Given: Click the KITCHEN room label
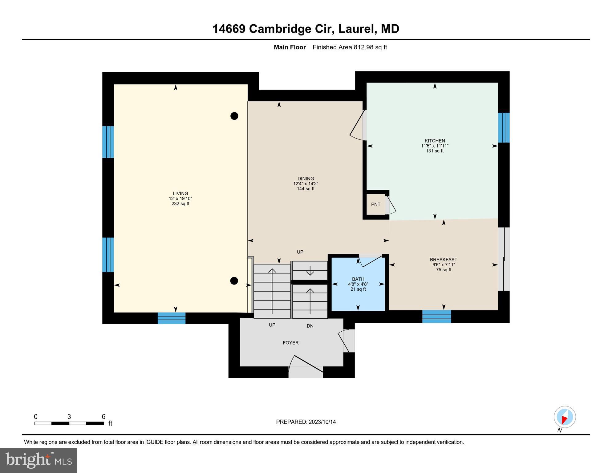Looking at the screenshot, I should point(435,141).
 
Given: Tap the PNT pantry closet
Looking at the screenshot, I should point(375,204).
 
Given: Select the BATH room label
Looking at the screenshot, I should point(358,279).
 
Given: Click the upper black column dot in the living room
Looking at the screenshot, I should point(234,116).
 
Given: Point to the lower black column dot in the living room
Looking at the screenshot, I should point(234,281).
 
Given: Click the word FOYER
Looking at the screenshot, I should point(290,343).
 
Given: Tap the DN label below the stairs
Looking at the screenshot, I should point(310,326).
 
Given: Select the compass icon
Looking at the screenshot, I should point(565,417).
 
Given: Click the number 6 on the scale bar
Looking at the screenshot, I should point(103,417).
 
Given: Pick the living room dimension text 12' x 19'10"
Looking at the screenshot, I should point(180,199).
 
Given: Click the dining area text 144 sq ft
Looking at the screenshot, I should point(306,189).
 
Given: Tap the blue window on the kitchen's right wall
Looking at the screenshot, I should point(504,128).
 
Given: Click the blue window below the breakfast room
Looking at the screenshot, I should point(436,317).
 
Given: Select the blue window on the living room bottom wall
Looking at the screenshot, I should point(172,318).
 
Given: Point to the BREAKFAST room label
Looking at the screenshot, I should point(444,260).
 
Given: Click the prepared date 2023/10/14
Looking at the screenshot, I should point(322,422).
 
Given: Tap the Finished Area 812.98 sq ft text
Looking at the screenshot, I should point(350,47).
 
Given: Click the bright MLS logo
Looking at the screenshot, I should point(39,460).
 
